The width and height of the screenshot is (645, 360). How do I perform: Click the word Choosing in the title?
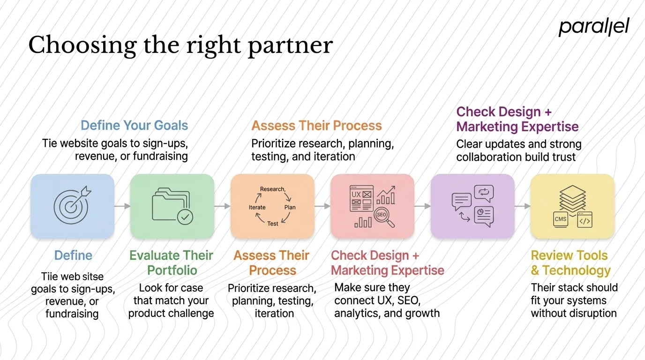[x=80, y=46]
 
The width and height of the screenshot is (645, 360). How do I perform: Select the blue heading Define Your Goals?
[x=134, y=125]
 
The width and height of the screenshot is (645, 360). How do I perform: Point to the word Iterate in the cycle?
[x=257, y=207]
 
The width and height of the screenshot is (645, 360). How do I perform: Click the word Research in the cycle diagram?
[x=272, y=189]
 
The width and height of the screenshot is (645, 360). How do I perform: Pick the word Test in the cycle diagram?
[x=273, y=224]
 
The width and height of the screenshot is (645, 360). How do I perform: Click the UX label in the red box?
[x=356, y=194]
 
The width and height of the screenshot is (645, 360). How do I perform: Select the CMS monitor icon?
[x=560, y=219]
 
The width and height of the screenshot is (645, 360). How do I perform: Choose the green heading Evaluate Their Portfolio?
[x=171, y=263]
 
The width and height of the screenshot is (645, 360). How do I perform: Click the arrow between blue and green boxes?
[x=122, y=206]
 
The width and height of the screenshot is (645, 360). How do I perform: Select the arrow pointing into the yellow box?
[x=522, y=206]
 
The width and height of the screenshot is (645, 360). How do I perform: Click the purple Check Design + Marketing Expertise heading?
[x=517, y=119]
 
